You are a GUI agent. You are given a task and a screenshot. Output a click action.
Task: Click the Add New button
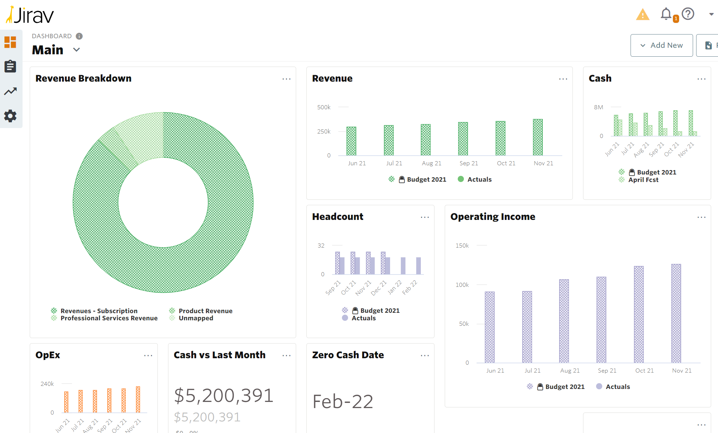(x=661, y=45)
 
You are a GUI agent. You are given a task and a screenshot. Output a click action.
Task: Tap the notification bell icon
(x=666, y=14)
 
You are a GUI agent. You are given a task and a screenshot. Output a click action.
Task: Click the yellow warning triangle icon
(x=643, y=15)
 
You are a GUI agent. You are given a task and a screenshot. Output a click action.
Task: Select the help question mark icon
(x=688, y=14)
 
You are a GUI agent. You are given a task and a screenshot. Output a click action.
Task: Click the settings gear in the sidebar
(x=10, y=116)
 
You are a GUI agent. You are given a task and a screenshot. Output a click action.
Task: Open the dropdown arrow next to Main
(x=77, y=50)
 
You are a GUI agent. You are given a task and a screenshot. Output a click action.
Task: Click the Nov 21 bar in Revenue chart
(x=538, y=137)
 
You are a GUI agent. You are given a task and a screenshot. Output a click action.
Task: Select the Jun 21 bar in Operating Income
(x=489, y=327)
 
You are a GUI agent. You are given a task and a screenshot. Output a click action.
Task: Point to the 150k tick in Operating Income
(x=462, y=246)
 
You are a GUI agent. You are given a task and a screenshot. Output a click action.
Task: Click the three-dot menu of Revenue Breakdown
(x=286, y=79)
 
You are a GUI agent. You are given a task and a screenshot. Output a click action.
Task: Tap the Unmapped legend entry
(x=196, y=318)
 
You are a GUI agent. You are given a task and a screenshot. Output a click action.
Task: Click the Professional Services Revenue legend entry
(x=109, y=318)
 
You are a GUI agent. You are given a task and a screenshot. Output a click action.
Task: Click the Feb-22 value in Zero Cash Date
(x=343, y=402)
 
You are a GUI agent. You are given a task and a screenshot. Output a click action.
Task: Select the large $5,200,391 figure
(x=224, y=395)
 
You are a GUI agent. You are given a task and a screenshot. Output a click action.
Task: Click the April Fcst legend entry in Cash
(x=643, y=180)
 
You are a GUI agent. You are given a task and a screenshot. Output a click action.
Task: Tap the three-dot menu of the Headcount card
(x=425, y=218)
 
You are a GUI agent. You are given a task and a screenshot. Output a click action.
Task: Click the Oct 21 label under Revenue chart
(x=506, y=163)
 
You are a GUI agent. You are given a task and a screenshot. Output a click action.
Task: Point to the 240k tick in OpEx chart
(x=47, y=384)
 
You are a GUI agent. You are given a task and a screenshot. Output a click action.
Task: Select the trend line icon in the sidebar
(x=10, y=91)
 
